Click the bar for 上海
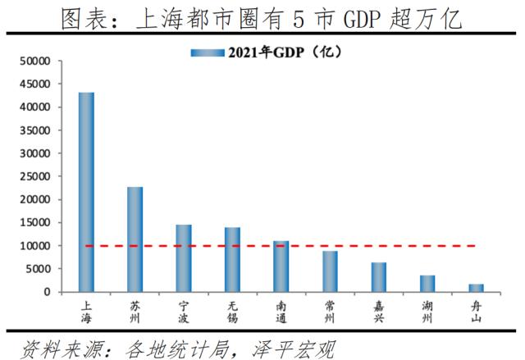point(86,192)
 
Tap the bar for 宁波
point(184,258)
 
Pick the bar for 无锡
point(232,259)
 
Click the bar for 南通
point(281,267)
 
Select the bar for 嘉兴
point(378,277)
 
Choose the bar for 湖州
point(427,284)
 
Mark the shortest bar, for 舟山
point(476,288)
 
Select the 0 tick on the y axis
point(47,292)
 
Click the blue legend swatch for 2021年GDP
point(208,52)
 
